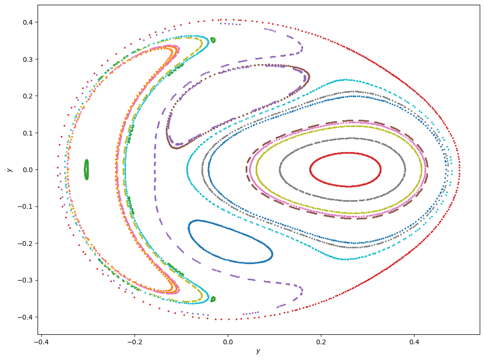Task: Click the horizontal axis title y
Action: coord(258,351)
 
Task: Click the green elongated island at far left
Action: coord(87,169)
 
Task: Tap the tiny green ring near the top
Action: coord(213,40)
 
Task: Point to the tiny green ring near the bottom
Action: coord(213,299)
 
